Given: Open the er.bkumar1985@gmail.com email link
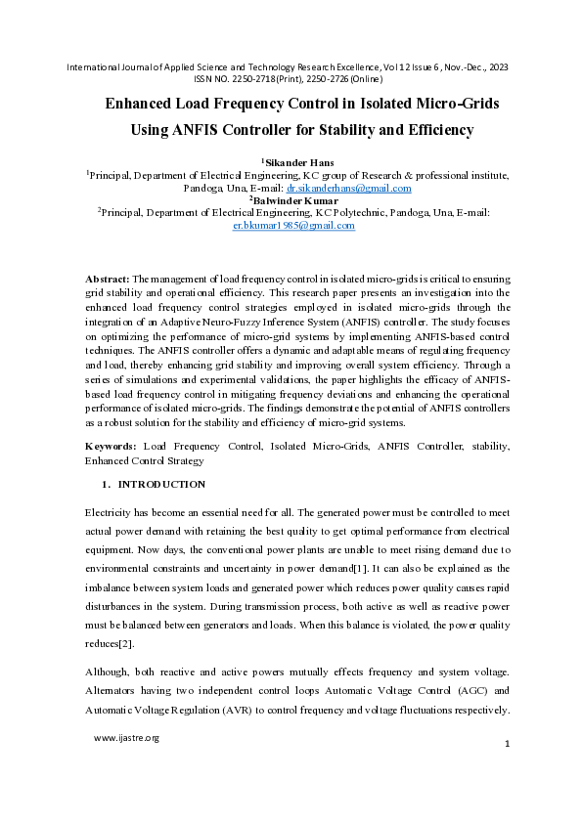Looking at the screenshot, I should (x=293, y=225).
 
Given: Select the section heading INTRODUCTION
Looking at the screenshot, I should (x=161, y=484).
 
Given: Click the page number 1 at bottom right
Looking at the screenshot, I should (x=508, y=745).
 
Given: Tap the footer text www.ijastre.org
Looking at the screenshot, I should (x=126, y=738).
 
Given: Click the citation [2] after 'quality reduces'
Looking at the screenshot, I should (x=125, y=644).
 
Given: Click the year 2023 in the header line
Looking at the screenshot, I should (x=498, y=66).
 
